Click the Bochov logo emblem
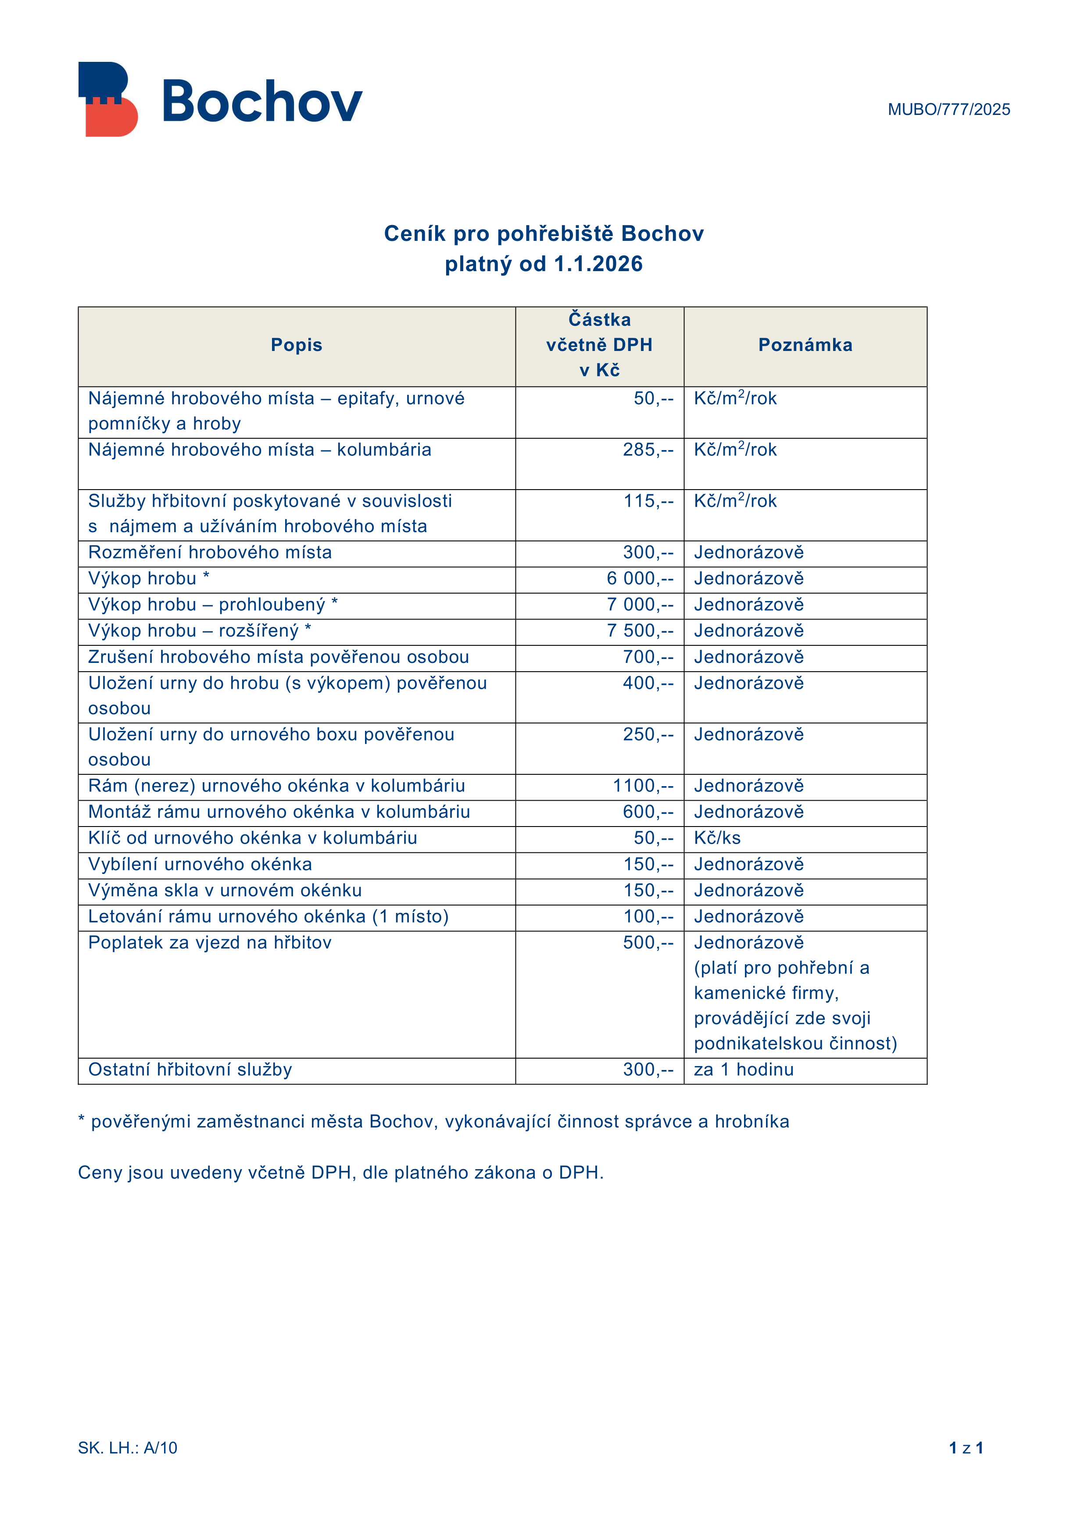(x=108, y=99)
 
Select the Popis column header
(x=296, y=345)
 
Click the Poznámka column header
(x=805, y=345)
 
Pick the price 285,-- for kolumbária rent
(x=648, y=450)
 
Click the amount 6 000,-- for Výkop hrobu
(x=640, y=579)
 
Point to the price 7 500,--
(x=640, y=631)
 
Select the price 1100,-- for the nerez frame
(x=642, y=786)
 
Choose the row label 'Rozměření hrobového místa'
(x=210, y=552)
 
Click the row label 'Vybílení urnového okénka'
(x=200, y=864)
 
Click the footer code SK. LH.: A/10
(x=127, y=1448)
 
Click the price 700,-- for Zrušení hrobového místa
(x=648, y=657)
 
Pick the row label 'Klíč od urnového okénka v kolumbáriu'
(x=252, y=838)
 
